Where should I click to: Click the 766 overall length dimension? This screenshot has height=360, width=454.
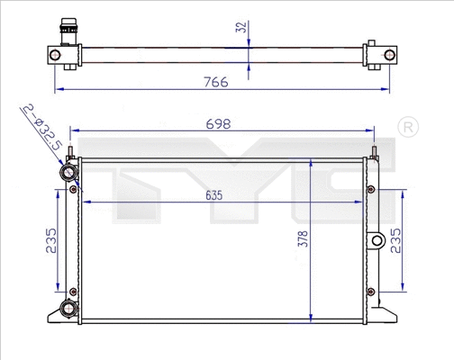tap(214, 81)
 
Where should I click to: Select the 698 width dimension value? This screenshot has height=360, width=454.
tap(219, 122)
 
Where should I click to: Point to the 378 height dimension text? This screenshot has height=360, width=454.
tap(302, 238)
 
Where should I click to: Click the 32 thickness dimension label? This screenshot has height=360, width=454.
tap(240, 27)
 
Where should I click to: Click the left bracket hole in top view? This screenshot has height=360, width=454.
tap(56, 57)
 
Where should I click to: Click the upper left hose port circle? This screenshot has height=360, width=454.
tap(67, 172)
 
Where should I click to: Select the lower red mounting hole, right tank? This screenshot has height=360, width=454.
tap(368, 290)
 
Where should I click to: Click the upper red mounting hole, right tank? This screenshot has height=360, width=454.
tap(368, 188)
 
